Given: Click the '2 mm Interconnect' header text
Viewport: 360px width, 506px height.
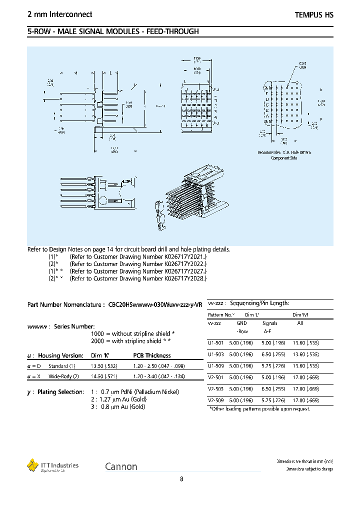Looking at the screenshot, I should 59,15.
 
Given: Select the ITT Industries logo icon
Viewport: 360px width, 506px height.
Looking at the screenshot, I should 32,465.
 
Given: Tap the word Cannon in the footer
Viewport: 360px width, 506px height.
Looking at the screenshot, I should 121,466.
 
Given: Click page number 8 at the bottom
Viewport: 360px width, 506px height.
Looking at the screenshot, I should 181,479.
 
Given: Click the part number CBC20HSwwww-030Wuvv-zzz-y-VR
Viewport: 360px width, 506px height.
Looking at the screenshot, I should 155,304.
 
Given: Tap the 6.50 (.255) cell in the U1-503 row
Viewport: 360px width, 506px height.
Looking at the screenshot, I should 274,354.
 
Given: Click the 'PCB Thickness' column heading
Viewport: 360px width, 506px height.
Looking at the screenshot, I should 151,355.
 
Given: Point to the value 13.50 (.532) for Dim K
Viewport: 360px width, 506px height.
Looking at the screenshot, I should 106,365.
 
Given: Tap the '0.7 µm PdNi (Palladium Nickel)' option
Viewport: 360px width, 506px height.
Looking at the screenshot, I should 134,392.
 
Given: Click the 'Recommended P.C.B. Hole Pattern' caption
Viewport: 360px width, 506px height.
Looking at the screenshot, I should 284,152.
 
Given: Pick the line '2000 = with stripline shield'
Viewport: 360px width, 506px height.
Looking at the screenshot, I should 131,341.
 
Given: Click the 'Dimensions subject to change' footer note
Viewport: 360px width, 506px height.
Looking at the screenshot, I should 309,469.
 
